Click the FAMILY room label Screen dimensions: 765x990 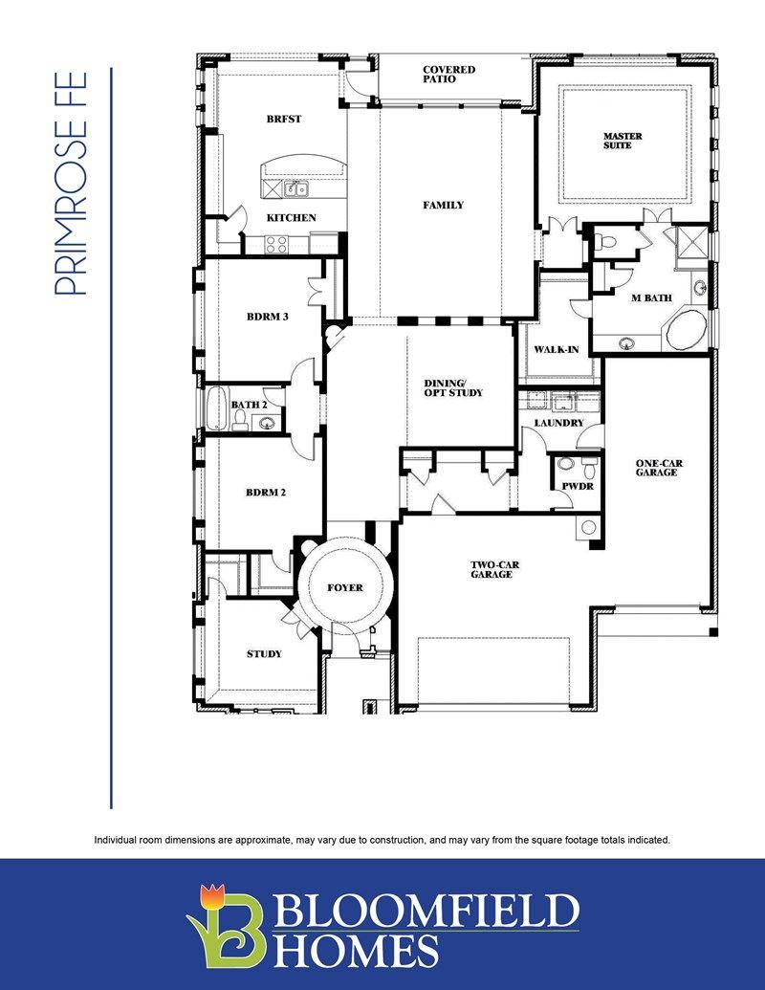[443, 205]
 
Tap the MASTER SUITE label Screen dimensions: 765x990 [622, 141]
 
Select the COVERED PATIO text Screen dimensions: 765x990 [448, 74]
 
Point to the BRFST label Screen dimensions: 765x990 [283, 119]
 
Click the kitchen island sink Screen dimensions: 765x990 [295, 188]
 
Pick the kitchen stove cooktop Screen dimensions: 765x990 [275, 244]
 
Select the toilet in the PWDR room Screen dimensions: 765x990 [590, 468]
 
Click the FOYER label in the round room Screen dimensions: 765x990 [345, 588]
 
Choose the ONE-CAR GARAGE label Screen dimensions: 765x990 [659, 467]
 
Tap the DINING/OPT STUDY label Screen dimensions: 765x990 [453, 387]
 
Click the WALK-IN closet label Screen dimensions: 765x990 [557, 349]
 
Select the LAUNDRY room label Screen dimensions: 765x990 [559, 423]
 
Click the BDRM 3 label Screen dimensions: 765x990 [268, 317]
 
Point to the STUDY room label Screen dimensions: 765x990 [264, 653]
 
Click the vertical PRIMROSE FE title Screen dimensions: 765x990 [71, 183]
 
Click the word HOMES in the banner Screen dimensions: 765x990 [358, 951]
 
